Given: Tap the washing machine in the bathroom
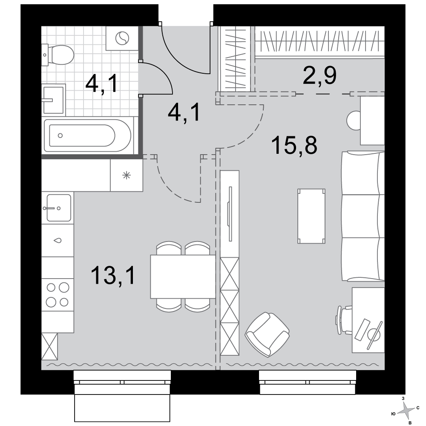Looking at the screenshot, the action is coord(122,38).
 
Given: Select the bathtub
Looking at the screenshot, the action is coord(88,135).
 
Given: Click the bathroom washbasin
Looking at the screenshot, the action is coord(54,99).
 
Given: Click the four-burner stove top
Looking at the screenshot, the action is coord(58,294).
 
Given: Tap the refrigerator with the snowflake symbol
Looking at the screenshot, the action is coord(127,175).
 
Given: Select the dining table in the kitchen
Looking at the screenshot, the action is coord(183,276).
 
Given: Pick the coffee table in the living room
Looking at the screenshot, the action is coord(311,216).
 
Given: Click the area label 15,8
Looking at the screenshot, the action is coord(294,145).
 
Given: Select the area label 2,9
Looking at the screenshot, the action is coord(319,75).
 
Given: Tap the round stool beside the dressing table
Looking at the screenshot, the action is coord(354,121).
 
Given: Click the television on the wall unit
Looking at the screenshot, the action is coord(230,214).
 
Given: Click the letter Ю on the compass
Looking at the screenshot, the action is coord(393,414).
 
